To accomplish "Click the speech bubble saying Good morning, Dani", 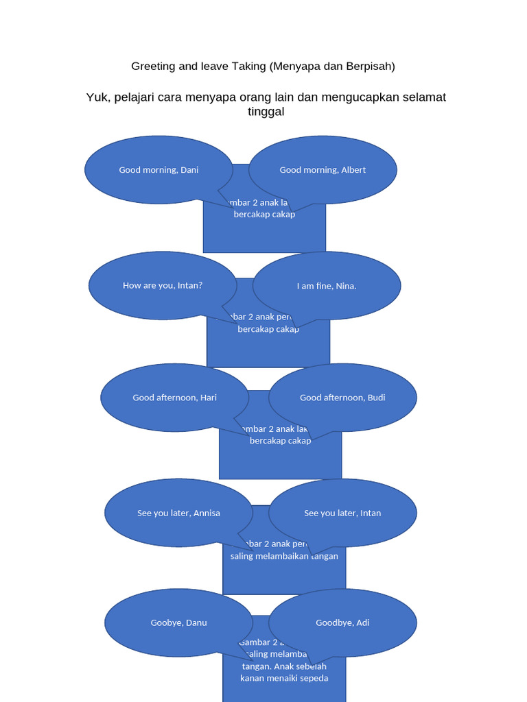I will [x=159, y=170].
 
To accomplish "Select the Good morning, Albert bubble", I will [x=323, y=170].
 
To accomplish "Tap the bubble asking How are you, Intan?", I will [x=163, y=286].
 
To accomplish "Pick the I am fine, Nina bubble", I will [x=327, y=286].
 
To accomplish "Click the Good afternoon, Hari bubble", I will [x=174, y=398].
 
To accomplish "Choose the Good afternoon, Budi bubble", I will [x=342, y=398].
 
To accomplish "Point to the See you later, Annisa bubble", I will [x=178, y=513].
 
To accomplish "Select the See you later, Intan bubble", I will [x=342, y=513].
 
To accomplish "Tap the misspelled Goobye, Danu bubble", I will [x=178, y=622].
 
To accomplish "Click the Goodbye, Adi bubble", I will [x=342, y=622].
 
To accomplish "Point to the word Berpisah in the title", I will [x=370, y=66].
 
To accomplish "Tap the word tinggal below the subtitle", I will [x=266, y=112].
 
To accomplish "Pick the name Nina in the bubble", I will [x=345, y=286].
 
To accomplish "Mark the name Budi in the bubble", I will [x=376, y=398].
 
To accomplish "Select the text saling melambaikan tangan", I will [x=284, y=556].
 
